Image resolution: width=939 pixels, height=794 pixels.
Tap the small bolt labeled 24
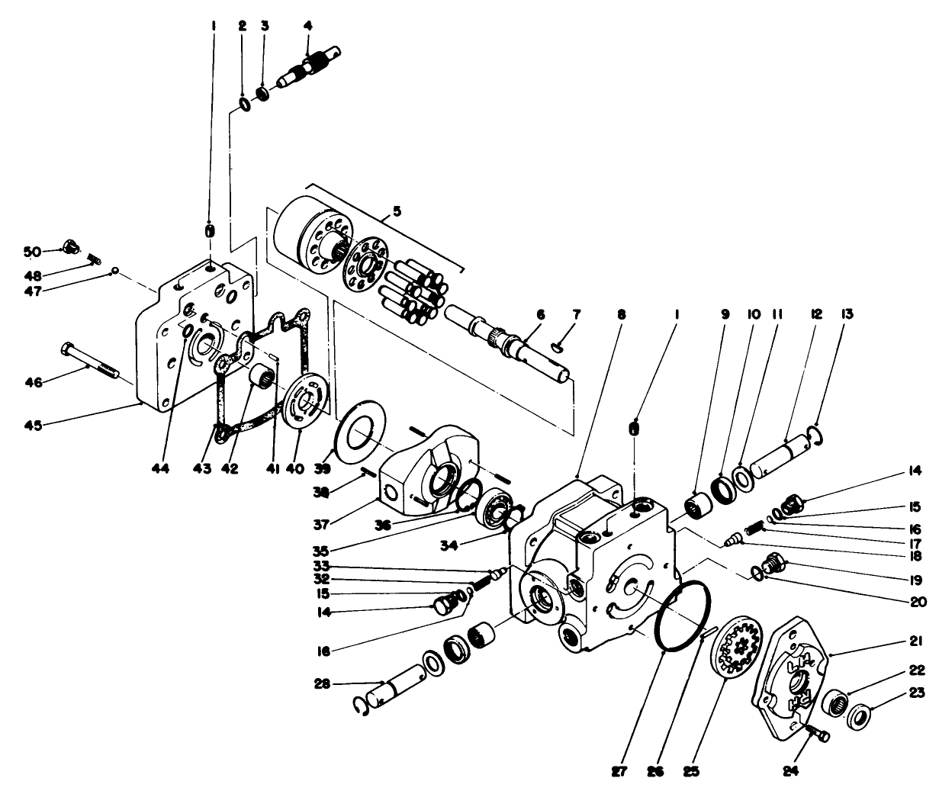pos(818,733)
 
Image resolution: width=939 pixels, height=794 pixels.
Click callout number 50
pos(31,251)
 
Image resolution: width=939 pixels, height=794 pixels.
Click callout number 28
pos(328,683)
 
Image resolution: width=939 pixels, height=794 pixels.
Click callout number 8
pos(622,313)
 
